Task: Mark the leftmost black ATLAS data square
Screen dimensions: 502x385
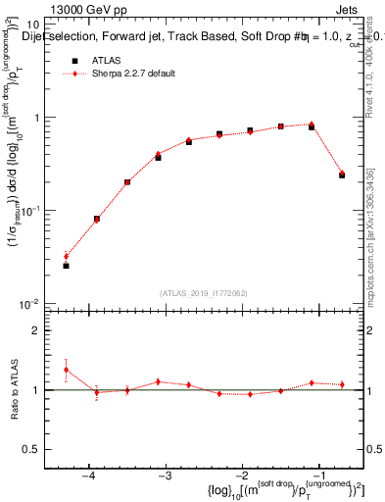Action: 66,266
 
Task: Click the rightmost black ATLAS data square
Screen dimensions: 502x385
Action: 342,175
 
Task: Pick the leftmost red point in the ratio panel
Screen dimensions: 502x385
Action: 66,370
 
